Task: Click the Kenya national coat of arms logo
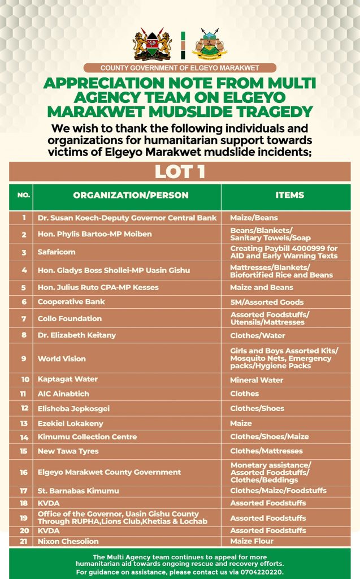coord(152,45)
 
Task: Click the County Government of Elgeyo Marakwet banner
coord(180,68)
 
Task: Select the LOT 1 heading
coord(180,171)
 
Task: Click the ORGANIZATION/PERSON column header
coord(131,196)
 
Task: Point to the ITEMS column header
coord(289,195)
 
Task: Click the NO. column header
coord(24,196)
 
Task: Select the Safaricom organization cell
coord(57,252)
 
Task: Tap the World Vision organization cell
coord(62,358)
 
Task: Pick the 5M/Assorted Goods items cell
coord(267,302)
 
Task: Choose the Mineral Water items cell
coord(257,380)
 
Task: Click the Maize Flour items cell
coord(252,542)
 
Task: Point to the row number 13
coord(24,424)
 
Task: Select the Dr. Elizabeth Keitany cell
coord(77,335)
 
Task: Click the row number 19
coord(24,518)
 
